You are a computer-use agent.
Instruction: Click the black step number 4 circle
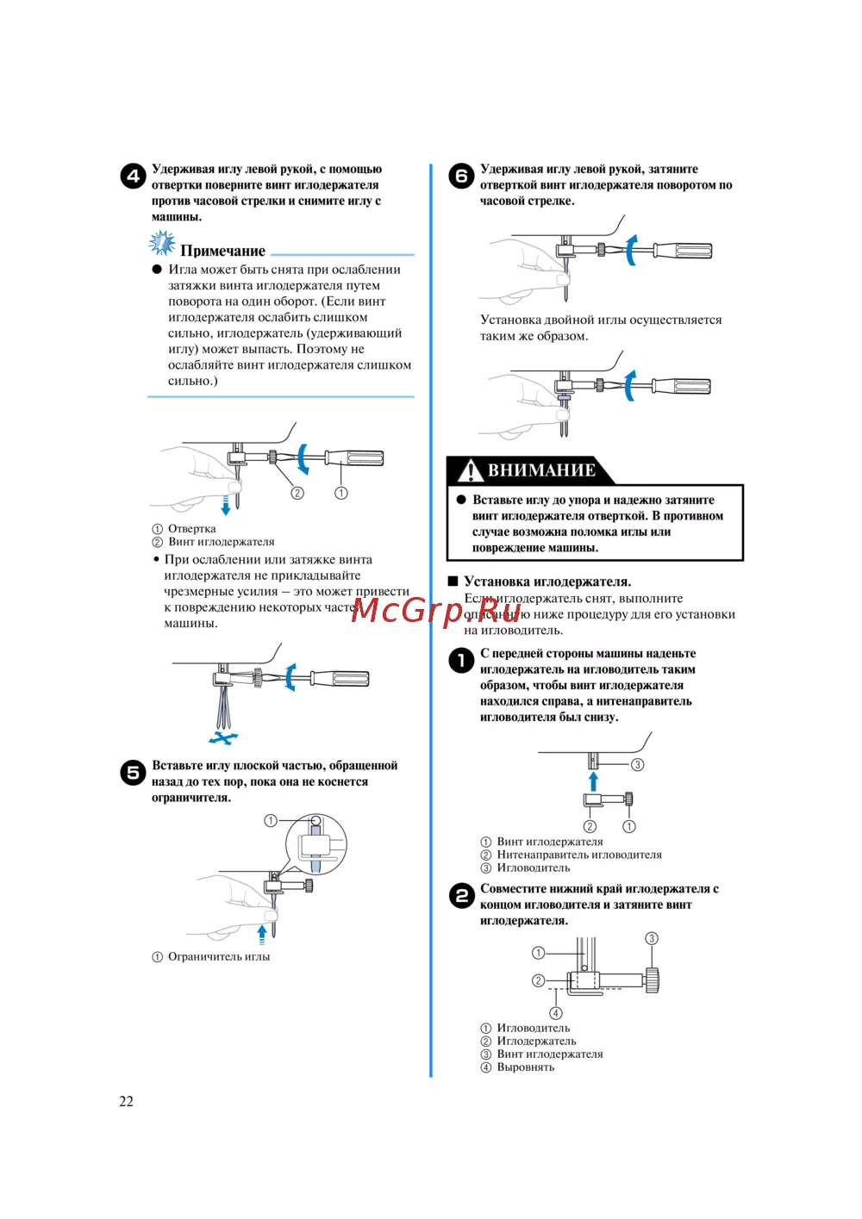pyautogui.click(x=132, y=176)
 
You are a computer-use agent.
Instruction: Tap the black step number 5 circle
pyautogui.click(x=132, y=772)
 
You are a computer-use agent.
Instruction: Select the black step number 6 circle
pyautogui.click(x=461, y=176)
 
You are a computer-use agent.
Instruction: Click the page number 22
pyautogui.click(x=126, y=1101)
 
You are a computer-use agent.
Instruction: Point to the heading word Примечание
pyautogui.click(x=222, y=251)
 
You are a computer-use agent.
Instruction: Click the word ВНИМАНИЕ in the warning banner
pyautogui.click(x=541, y=470)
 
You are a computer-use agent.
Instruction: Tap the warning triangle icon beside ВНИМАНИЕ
pyautogui.click(x=470, y=470)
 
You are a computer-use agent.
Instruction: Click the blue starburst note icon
pyautogui.click(x=161, y=244)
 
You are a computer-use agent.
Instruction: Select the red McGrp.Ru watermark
pyautogui.click(x=436, y=610)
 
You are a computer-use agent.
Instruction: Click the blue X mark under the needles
pyautogui.click(x=223, y=738)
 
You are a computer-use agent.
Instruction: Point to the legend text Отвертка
pyautogui.click(x=191, y=529)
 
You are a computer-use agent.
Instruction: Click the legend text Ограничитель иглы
pyautogui.click(x=218, y=957)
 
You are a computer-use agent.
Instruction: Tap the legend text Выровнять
pyautogui.click(x=525, y=1067)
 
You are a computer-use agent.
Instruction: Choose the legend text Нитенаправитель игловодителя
pyautogui.click(x=579, y=855)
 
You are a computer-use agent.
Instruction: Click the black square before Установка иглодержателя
pyautogui.click(x=453, y=582)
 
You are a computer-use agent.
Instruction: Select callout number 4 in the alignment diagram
pyautogui.click(x=556, y=1013)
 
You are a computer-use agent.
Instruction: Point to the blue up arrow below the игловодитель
pyautogui.click(x=593, y=781)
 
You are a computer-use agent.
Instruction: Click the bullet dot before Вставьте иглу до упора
pyautogui.click(x=461, y=500)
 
